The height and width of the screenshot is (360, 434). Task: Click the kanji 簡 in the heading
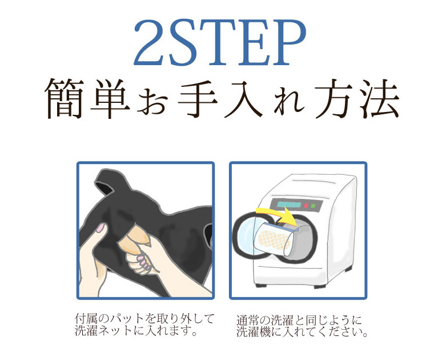click(x=64, y=99)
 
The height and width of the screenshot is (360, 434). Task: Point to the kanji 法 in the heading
click(x=380, y=99)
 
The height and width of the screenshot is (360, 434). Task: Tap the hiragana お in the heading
click(x=153, y=103)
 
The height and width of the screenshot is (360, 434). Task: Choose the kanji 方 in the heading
click(x=334, y=99)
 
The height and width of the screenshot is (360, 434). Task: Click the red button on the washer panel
click(x=306, y=206)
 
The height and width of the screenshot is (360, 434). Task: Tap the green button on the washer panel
click(x=313, y=206)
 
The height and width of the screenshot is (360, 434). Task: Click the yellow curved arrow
click(x=277, y=215)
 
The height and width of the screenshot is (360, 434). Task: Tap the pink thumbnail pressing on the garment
click(x=100, y=227)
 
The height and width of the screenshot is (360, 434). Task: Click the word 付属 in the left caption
click(x=86, y=319)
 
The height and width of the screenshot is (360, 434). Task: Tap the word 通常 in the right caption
click(x=248, y=321)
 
